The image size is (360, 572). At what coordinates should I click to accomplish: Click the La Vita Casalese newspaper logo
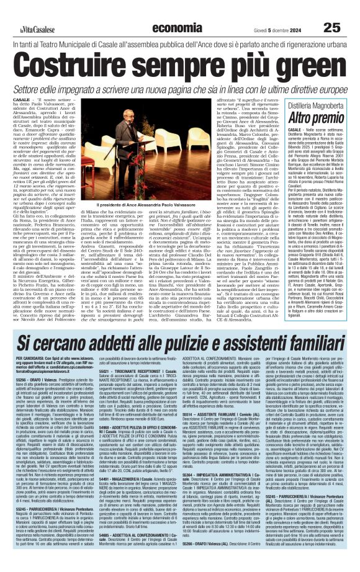[x=26, y=11]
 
